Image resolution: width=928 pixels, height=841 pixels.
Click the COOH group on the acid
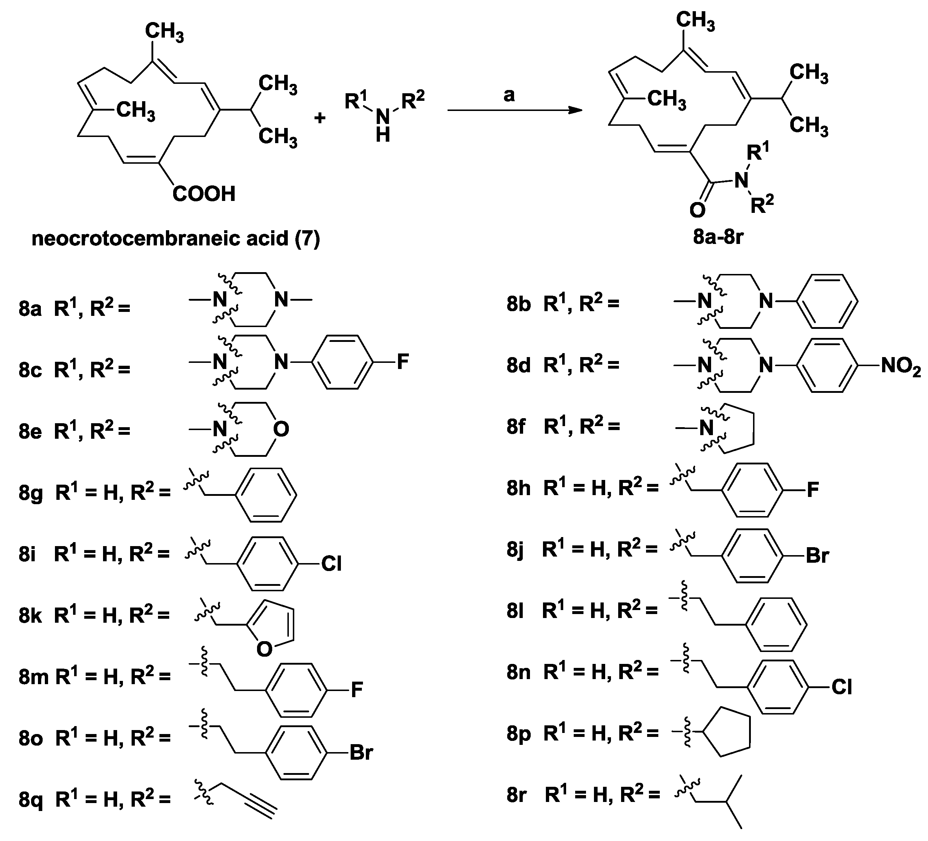point(204,194)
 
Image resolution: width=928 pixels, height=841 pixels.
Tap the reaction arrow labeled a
point(515,111)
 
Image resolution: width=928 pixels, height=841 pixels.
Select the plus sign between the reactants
point(320,118)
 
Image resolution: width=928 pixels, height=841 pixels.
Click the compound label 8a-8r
point(719,237)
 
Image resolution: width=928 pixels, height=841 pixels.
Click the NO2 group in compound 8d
point(901,367)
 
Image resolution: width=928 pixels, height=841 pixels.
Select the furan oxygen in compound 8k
point(264,649)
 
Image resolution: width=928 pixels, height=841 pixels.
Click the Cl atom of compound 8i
point(332,563)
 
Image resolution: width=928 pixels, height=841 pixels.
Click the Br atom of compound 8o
point(361,753)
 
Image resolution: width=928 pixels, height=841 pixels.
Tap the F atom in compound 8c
point(402,362)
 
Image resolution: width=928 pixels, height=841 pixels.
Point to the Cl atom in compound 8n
point(842,687)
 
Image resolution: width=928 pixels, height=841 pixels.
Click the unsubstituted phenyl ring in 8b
point(827,302)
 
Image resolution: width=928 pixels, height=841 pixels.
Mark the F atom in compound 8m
point(357,690)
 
